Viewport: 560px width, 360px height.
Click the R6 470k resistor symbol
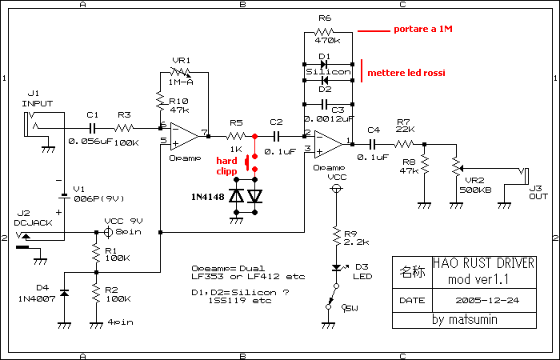(325, 32)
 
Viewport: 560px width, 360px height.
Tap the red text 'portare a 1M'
(423, 30)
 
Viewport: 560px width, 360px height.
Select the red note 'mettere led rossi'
(406, 74)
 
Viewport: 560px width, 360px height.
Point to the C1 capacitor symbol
(93, 128)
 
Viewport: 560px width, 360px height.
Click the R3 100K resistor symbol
(124, 128)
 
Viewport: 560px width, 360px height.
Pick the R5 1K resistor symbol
(236, 136)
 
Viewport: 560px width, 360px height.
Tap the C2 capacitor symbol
(277, 136)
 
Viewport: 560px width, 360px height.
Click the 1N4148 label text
(208, 197)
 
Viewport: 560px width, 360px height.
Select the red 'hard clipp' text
(226, 166)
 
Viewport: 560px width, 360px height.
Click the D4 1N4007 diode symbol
(64, 294)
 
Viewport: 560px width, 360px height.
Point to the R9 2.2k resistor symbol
(336, 236)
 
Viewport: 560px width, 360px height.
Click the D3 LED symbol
(337, 267)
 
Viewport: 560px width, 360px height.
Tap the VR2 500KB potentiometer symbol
(457, 166)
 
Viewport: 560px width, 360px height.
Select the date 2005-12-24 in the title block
(487, 300)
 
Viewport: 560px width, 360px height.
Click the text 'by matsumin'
(464, 319)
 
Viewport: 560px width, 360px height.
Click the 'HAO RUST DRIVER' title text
(483, 263)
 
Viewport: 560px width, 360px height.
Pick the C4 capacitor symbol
(373, 144)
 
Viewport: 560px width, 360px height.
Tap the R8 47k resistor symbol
(424, 165)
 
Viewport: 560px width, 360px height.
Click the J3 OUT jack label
(538, 192)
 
